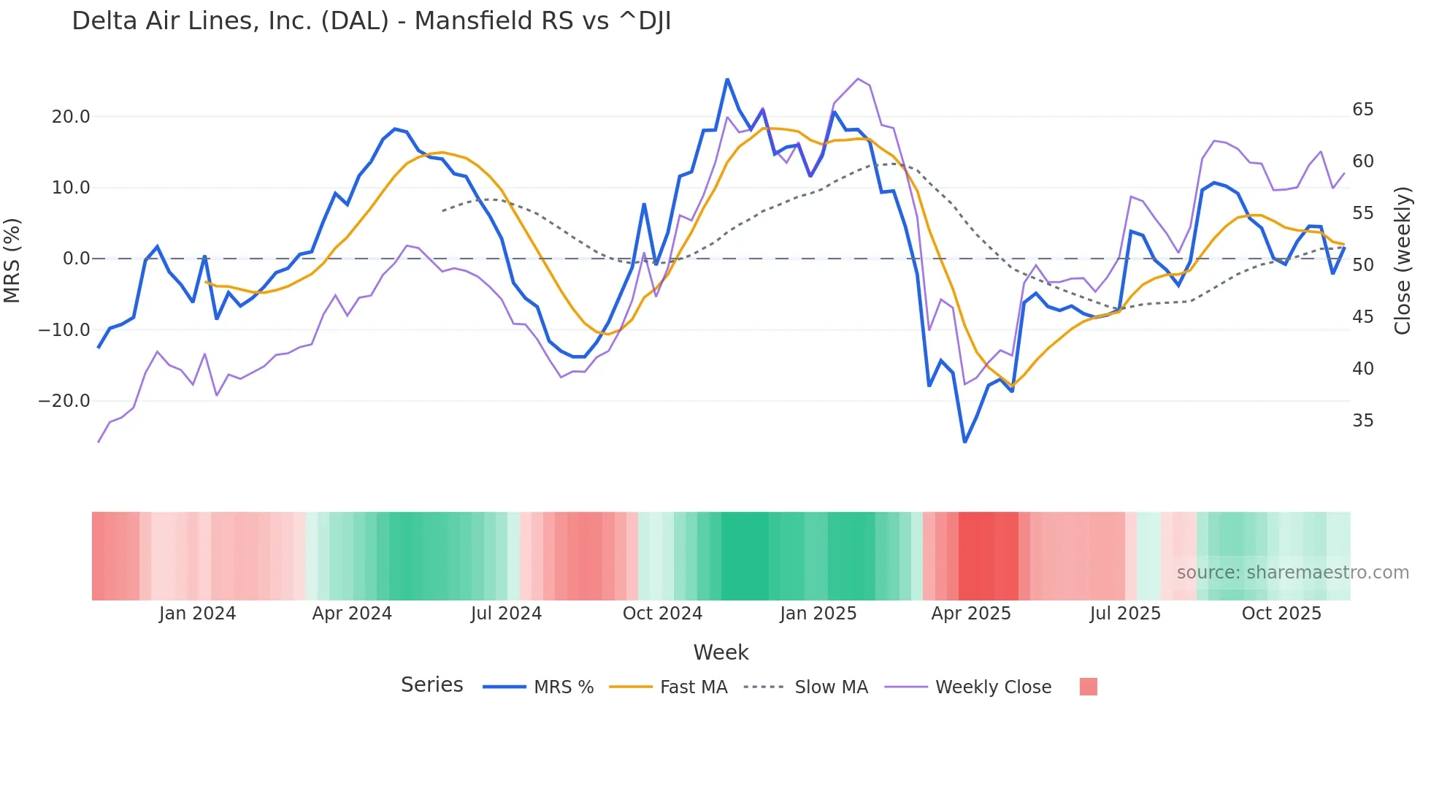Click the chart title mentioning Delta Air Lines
click(371, 21)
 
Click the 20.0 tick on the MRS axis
click(71, 117)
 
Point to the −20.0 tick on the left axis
click(64, 401)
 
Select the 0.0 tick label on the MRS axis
click(76, 259)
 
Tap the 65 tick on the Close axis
click(1362, 110)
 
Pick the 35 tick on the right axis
click(1362, 421)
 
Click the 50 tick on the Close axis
click(1362, 265)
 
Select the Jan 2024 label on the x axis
click(197, 614)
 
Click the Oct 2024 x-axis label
click(662, 614)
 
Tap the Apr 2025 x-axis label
click(970, 614)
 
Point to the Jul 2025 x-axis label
click(1125, 614)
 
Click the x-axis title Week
click(721, 652)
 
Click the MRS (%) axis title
click(12, 260)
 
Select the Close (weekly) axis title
click(1402, 261)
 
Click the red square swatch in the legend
click(1088, 687)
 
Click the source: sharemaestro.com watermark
click(1292, 573)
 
